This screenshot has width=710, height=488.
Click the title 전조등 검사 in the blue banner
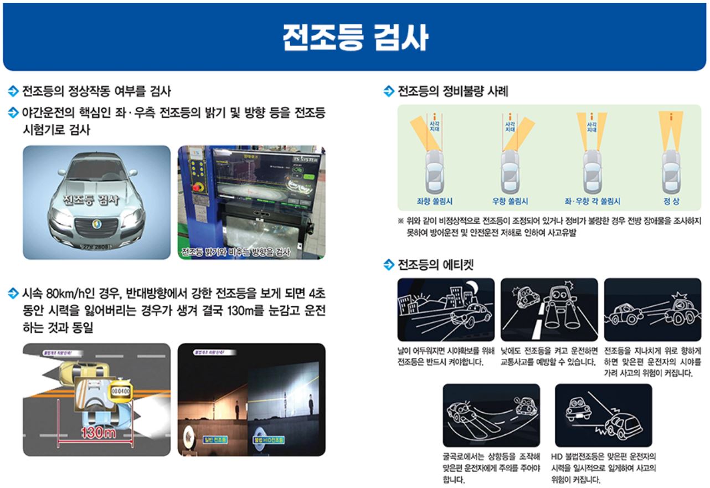click(355, 38)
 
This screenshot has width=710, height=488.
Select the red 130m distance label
click(98, 433)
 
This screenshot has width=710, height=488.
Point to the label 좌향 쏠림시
click(434, 201)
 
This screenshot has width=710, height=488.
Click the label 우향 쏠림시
click(510, 201)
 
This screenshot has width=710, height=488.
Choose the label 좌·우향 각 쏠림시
click(592, 201)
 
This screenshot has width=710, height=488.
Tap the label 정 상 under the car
click(671, 201)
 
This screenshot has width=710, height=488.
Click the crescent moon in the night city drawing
click(471, 288)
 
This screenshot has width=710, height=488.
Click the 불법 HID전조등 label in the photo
click(269, 440)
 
